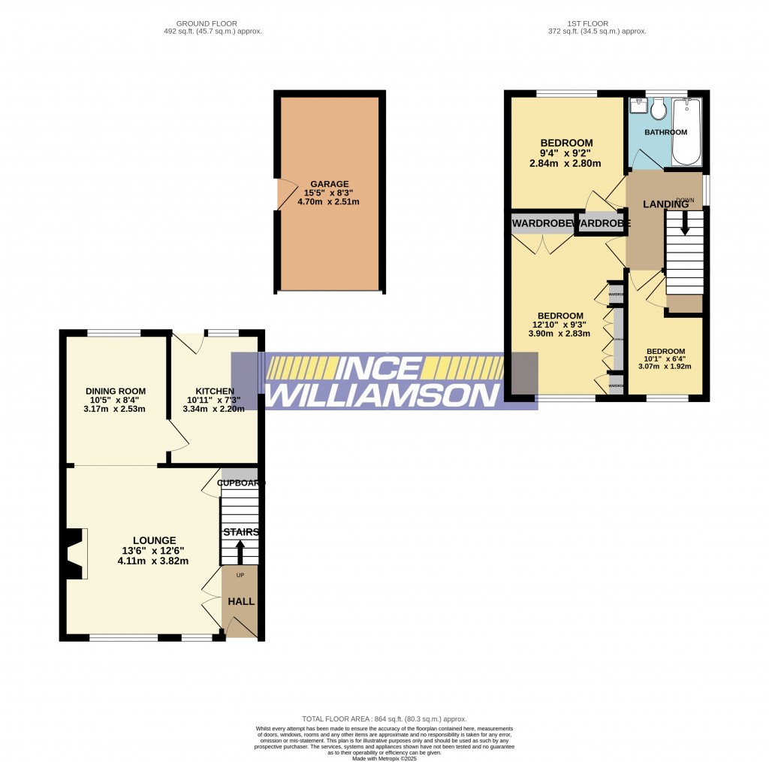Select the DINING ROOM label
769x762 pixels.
(x=115, y=391)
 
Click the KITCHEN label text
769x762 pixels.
(x=215, y=391)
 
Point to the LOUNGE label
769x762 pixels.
(x=154, y=540)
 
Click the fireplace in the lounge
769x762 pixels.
(x=75, y=554)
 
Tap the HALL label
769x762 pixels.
(x=241, y=602)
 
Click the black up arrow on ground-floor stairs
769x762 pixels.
(x=240, y=552)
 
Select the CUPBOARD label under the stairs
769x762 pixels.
(x=240, y=483)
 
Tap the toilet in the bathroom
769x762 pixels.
(x=659, y=110)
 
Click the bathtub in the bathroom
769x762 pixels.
(x=686, y=132)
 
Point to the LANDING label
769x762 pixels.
(x=665, y=204)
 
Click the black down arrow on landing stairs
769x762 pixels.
(x=683, y=223)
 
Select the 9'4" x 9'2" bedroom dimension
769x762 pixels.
(x=567, y=154)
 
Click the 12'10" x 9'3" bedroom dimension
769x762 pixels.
(x=560, y=325)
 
